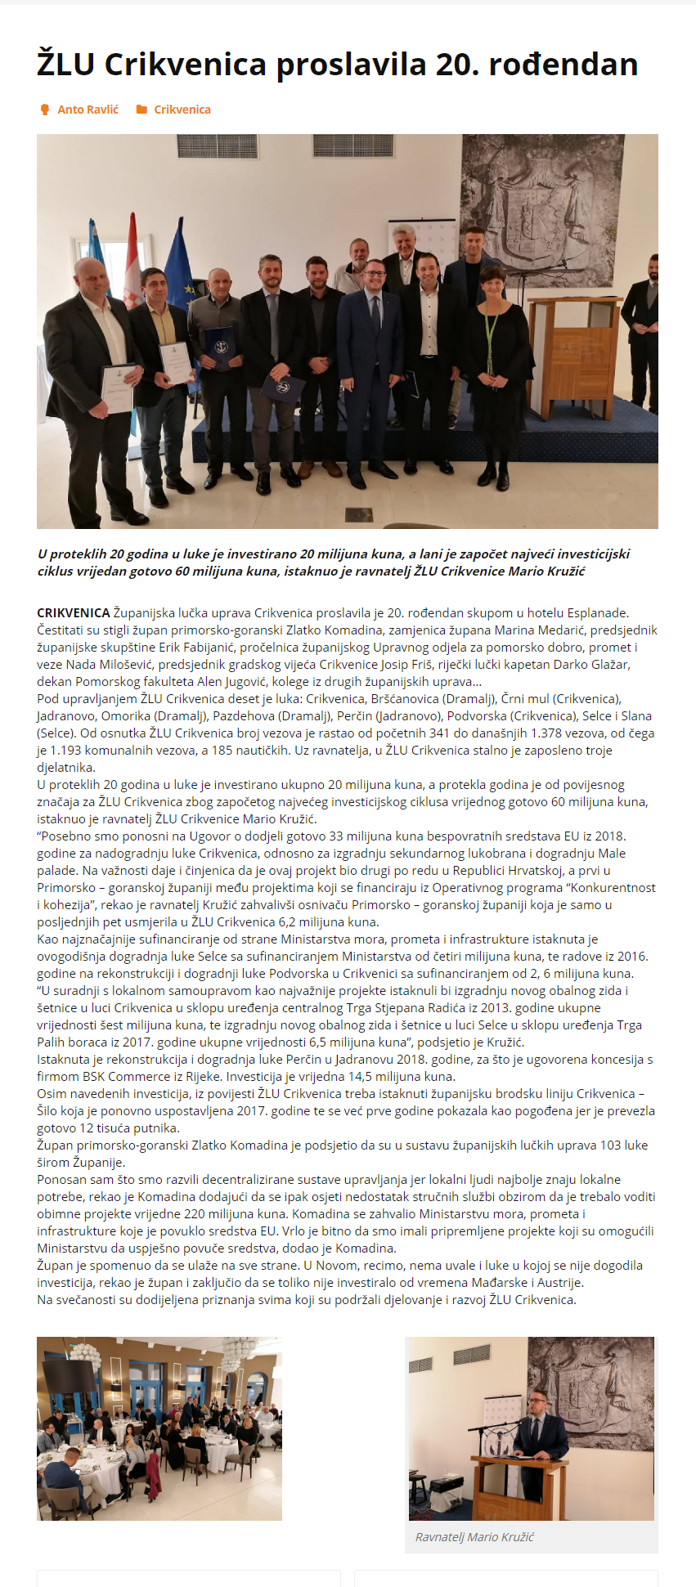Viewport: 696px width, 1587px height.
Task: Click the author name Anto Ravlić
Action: (88, 110)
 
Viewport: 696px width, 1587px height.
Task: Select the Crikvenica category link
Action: (182, 110)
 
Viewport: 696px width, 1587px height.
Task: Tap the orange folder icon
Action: (141, 110)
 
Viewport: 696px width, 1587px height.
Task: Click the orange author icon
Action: (45, 110)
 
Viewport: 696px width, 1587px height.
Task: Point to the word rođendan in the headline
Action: (564, 65)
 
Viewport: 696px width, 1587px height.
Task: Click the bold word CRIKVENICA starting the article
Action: (73, 612)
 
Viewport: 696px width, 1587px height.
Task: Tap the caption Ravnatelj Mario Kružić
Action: (474, 1537)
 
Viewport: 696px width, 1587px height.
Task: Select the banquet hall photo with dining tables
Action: (159, 1428)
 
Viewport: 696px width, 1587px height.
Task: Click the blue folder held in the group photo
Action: (220, 348)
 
